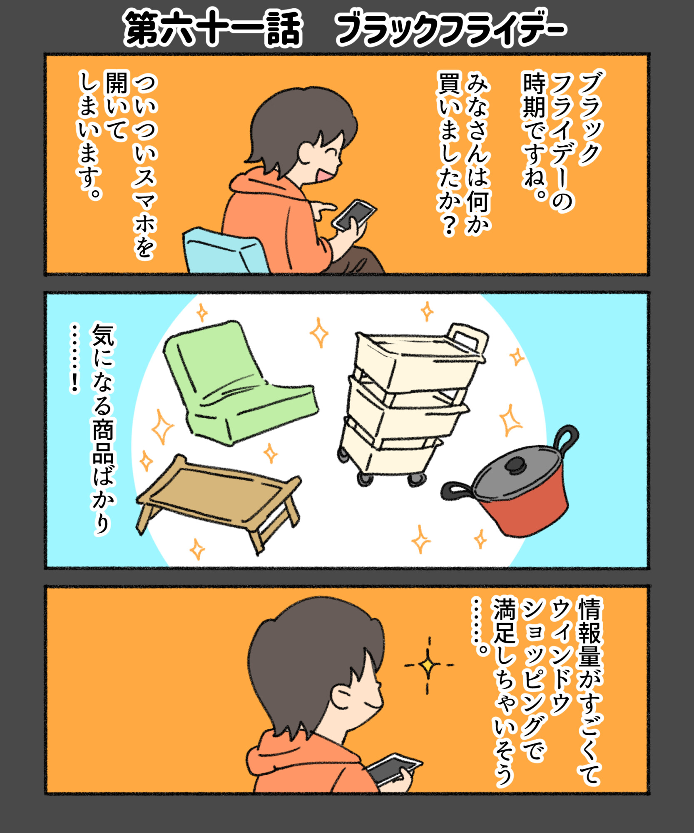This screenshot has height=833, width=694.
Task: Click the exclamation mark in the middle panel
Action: coord(75,382)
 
